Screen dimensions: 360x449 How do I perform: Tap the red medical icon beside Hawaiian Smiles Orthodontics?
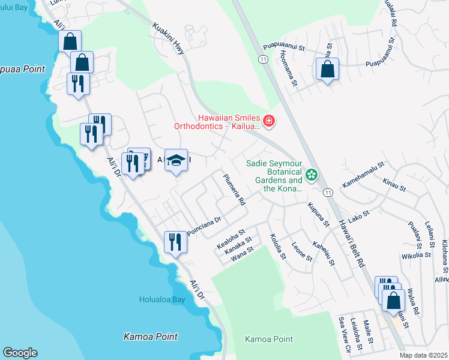coord(268,122)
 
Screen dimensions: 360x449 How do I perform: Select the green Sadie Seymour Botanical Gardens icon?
coord(312,175)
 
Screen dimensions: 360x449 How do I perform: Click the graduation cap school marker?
coord(176,160)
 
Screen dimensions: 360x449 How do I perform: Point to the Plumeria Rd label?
coord(234,190)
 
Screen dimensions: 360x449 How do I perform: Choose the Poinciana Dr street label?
coord(204,226)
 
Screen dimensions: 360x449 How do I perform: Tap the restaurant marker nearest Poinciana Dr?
coord(175,242)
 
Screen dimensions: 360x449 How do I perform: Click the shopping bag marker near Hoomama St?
coord(327,69)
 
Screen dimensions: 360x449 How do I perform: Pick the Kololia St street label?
coord(277,247)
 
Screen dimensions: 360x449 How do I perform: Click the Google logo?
coord(20,353)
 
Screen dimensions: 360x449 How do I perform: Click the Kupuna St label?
coord(318,214)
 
